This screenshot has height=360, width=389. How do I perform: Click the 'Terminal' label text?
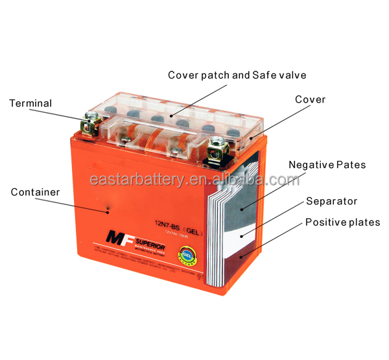point(30,104)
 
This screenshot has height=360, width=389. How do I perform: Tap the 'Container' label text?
point(35,192)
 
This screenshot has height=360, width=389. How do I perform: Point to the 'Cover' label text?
point(310,100)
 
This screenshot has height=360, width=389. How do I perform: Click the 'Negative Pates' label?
point(327,165)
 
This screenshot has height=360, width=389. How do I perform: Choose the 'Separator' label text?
point(332,202)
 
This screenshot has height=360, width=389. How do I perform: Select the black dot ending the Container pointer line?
point(108,210)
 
